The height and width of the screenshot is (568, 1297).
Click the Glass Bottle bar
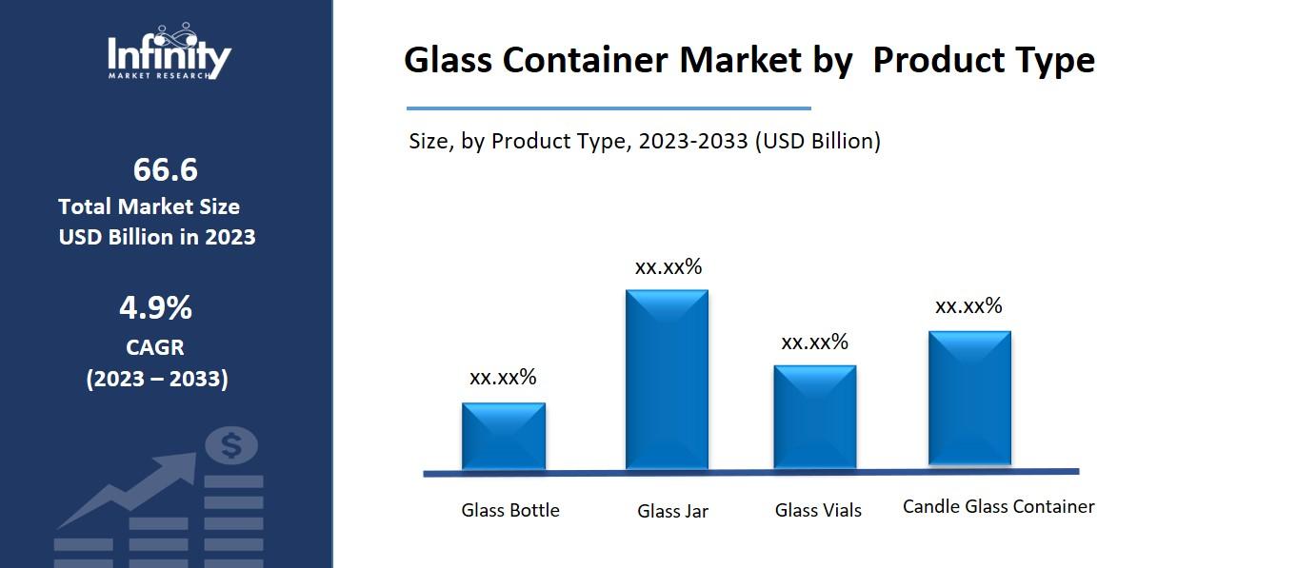click(x=503, y=436)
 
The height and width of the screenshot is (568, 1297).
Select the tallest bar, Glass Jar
click(x=667, y=379)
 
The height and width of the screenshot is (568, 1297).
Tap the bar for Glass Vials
click(x=814, y=417)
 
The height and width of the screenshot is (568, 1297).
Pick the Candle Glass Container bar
click(x=969, y=399)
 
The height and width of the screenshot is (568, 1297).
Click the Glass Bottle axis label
click(x=510, y=510)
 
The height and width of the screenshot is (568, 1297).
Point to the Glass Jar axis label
click(x=672, y=511)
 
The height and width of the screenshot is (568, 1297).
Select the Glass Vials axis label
click(x=818, y=511)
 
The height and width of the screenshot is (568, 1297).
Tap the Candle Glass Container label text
click(x=998, y=506)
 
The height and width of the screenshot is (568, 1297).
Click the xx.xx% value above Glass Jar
click(x=668, y=267)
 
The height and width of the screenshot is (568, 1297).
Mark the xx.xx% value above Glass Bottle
click(x=503, y=377)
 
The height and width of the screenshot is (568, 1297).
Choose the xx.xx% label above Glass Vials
click(x=814, y=343)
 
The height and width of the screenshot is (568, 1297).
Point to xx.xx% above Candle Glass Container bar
click(x=968, y=306)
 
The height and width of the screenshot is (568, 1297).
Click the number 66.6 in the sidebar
click(x=165, y=169)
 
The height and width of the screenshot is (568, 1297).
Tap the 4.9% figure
click(x=155, y=308)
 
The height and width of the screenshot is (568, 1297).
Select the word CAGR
click(x=155, y=347)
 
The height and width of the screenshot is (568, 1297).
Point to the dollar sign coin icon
click(x=231, y=444)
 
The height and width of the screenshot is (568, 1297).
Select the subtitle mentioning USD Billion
click(x=645, y=142)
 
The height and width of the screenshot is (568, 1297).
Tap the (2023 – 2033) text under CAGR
click(x=157, y=379)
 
